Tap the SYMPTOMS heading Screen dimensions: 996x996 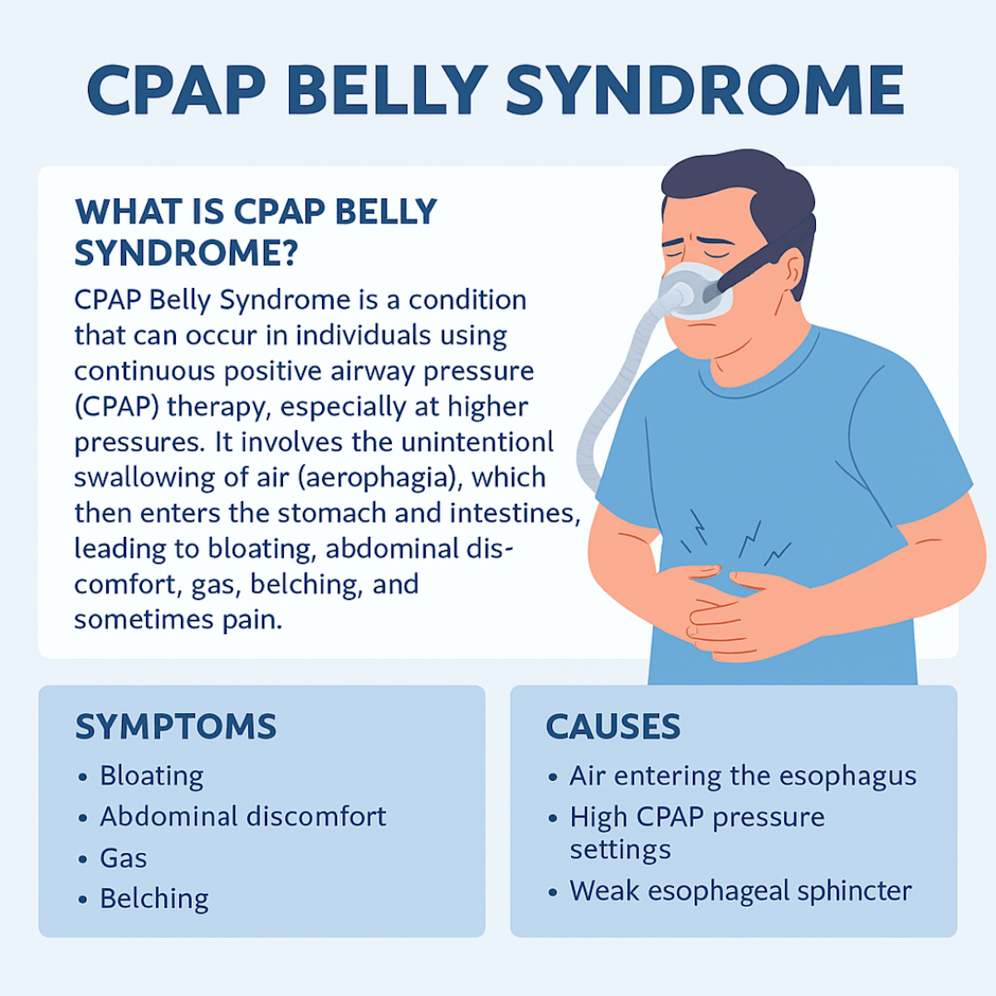(x=175, y=727)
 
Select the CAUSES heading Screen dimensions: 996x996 (x=613, y=727)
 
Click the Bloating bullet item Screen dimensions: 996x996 (x=151, y=776)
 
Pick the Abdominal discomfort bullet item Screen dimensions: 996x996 (x=242, y=817)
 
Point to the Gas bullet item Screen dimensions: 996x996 (x=123, y=857)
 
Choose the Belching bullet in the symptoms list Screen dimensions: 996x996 (x=154, y=899)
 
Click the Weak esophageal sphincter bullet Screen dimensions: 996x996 (x=740, y=891)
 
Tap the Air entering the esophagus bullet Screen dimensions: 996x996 (x=742, y=776)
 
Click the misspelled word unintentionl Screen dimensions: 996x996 (x=476, y=442)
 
